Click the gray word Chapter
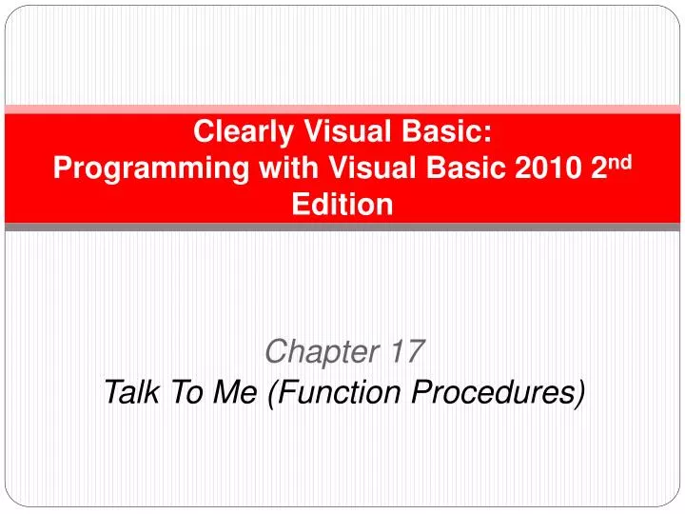coord(322,352)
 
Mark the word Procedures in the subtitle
coord(494,390)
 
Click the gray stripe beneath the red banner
coord(342,227)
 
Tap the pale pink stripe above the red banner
coord(342,109)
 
